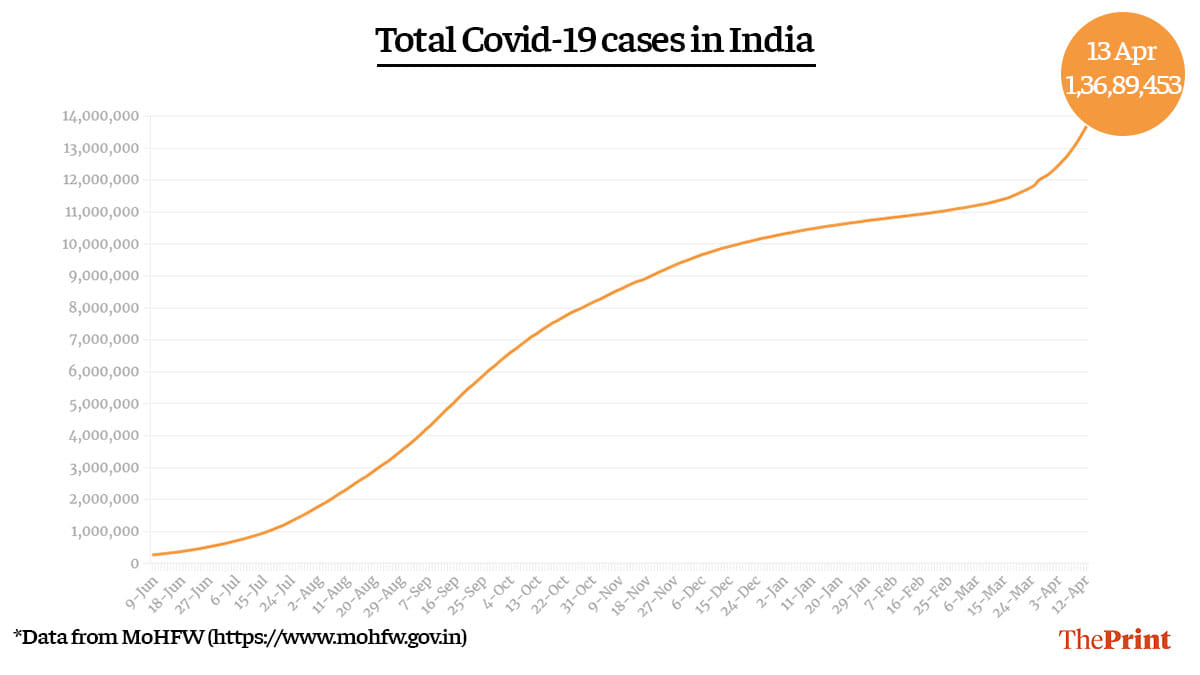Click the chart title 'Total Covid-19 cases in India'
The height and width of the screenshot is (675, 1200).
(595, 42)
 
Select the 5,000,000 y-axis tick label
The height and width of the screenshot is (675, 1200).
(101, 404)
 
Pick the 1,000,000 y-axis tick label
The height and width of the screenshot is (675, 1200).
(101, 531)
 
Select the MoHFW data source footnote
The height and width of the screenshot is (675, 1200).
(240, 636)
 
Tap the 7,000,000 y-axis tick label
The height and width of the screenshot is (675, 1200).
(101, 340)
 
